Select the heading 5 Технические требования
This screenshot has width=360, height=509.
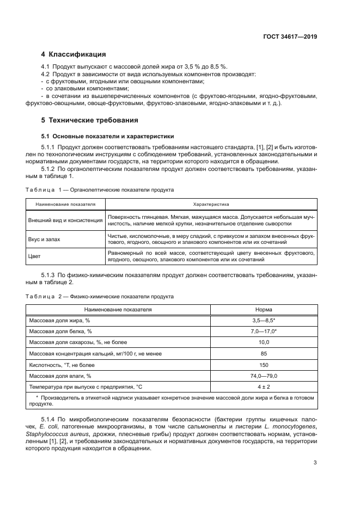pyautogui.click(x=90, y=120)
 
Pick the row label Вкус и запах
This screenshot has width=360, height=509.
pyautogui.click(x=45, y=239)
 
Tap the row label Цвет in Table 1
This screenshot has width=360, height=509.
pyautogui.click(x=34, y=256)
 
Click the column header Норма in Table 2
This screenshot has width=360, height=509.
pyautogui.click(x=264, y=309)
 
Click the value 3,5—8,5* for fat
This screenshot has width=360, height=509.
pyautogui.click(x=264, y=320)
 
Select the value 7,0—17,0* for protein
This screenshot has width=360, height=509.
pyautogui.click(x=264, y=331)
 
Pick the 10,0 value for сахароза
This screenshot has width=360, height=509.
pyautogui.click(x=264, y=342)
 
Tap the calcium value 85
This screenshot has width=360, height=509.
pyautogui.click(x=264, y=354)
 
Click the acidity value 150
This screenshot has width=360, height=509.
pyautogui.click(x=264, y=365)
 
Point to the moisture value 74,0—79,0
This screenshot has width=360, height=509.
pyautogui.click(x=264, y=376)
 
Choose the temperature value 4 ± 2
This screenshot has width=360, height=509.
pyautogui.click(x=264, y=387)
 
